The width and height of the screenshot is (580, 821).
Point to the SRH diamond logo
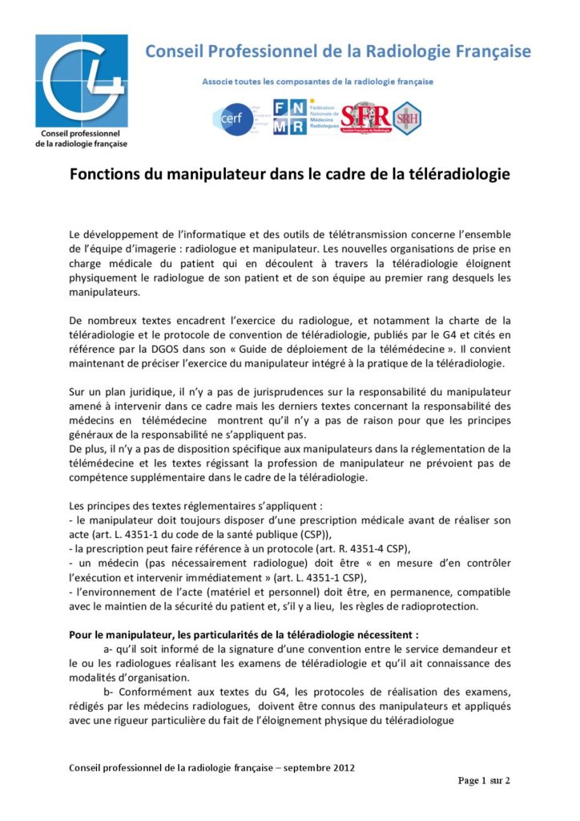[x=406, y=117]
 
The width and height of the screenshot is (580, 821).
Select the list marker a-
[x=110, y=649]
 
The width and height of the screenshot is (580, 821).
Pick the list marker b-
[x=110, y=691]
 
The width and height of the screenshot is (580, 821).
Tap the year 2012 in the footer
[x=342, y=767]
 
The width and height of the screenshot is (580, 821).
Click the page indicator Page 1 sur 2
[x=483, y=780]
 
